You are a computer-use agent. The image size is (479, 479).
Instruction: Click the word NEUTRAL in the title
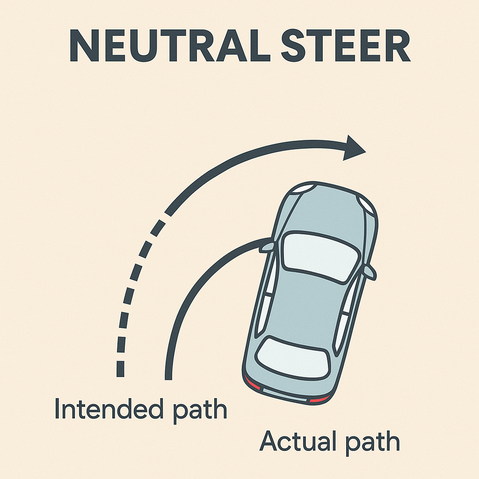[x=167, y=47]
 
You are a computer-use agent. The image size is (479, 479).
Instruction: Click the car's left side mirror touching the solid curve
[x=268, y=245]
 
